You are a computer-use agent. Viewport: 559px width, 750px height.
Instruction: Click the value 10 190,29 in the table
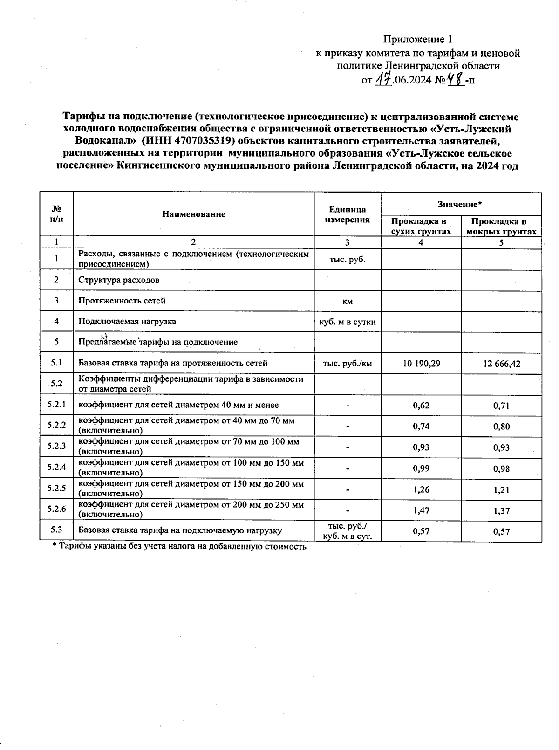pos(421,363)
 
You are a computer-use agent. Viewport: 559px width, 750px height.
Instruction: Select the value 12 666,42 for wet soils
pos(502,363)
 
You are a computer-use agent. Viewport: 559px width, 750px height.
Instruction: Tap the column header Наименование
pos(194,214)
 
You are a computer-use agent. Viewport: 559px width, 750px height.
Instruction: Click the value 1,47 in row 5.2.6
pos(421,510)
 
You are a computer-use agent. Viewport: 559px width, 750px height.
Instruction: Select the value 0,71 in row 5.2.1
pos(502,406)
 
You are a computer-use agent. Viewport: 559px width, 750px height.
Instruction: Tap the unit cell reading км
pos(348,302)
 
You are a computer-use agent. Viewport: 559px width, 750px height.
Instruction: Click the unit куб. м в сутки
pos(348,322)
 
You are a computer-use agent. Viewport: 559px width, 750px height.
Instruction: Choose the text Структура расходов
pos(119,280)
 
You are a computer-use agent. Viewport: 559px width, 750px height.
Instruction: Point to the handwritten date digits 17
pos(383,80)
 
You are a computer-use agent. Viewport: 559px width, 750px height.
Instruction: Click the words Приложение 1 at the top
pos(418,39)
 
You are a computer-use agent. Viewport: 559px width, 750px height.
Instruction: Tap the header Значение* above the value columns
pos(460,204)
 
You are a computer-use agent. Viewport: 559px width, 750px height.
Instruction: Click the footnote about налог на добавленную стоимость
pos(179,547)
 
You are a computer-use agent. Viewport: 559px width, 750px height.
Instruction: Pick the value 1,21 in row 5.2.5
pos(502,489)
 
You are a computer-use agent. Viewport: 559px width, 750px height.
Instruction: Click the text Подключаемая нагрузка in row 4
pos(127,321)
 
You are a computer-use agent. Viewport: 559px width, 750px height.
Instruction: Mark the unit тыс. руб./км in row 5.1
pos(348,363)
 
